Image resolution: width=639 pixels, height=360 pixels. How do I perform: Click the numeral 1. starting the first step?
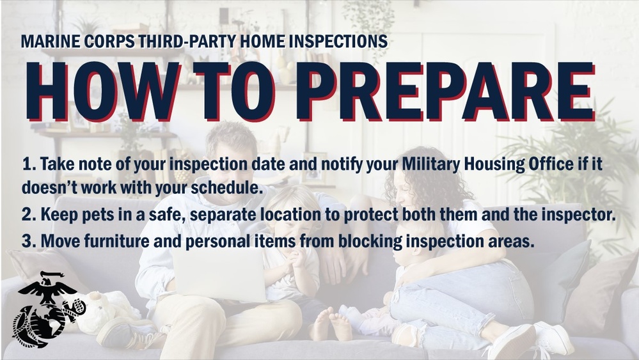click(28, 165)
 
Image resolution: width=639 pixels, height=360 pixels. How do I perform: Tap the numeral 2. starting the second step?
click(28, 215)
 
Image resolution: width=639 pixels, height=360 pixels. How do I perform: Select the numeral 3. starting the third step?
click(28, 241)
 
